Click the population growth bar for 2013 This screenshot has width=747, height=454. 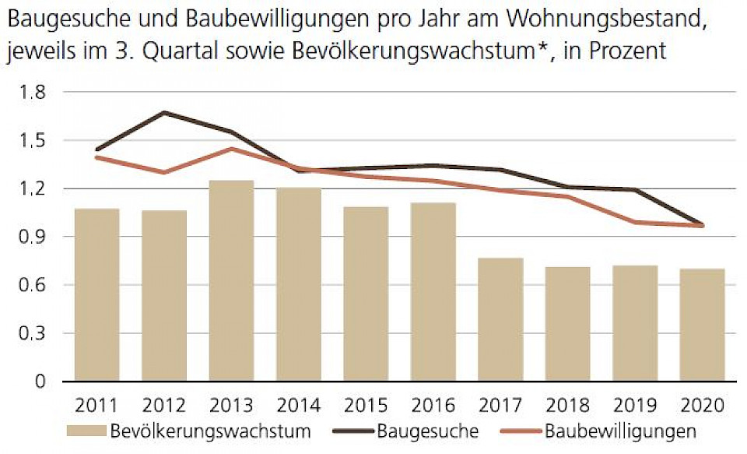231,280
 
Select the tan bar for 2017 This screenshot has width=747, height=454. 500,319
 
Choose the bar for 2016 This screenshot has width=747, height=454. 433,291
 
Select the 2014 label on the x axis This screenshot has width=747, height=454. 298,406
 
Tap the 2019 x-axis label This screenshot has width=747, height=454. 635,406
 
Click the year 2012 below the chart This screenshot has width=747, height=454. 163,406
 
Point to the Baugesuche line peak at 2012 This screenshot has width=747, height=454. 163,113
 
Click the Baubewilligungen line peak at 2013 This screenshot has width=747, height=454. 231,149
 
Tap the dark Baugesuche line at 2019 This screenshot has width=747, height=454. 635,189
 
